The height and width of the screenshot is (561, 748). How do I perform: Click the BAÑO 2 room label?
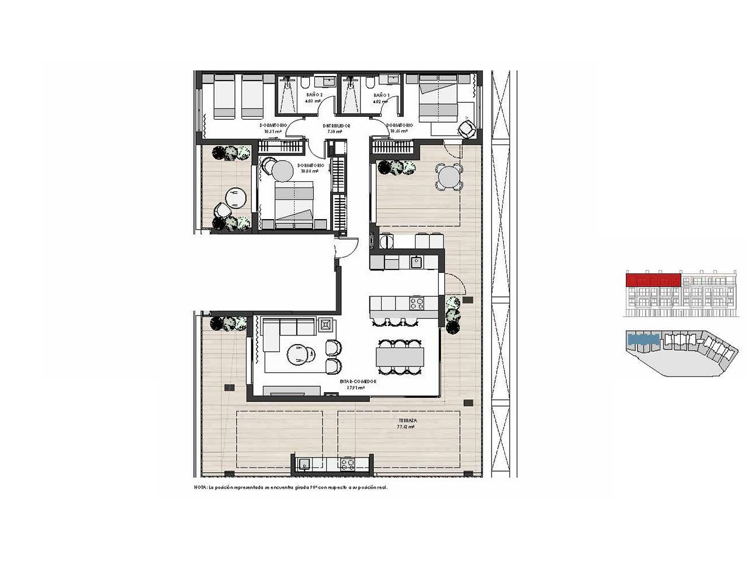(x=314, y=95)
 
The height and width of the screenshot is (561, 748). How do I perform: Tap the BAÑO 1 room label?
(x=381, y=95)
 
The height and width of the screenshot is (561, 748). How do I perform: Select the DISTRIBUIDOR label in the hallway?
(x=337, y=126)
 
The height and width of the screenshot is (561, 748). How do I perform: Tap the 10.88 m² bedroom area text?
(x=309, y=172)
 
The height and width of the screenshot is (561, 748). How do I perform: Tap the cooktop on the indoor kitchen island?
(x=417, y=303)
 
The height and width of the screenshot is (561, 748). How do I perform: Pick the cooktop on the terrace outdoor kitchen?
(x=347, y=465)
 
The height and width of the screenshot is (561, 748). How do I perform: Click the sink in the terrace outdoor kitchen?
(x=304, y=465)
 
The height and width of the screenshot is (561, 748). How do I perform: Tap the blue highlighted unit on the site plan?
(x=643, y=337)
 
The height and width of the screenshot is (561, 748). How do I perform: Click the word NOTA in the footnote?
(x=200, y=487)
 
